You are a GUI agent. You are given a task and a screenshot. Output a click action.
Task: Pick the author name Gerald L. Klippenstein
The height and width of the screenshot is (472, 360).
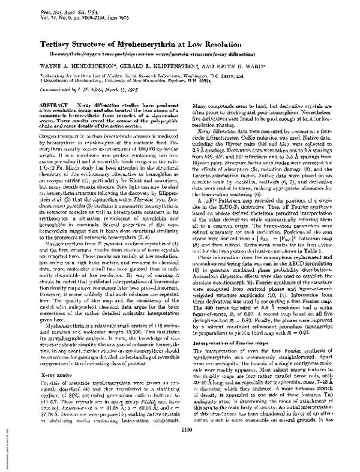(x=160, y=68)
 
